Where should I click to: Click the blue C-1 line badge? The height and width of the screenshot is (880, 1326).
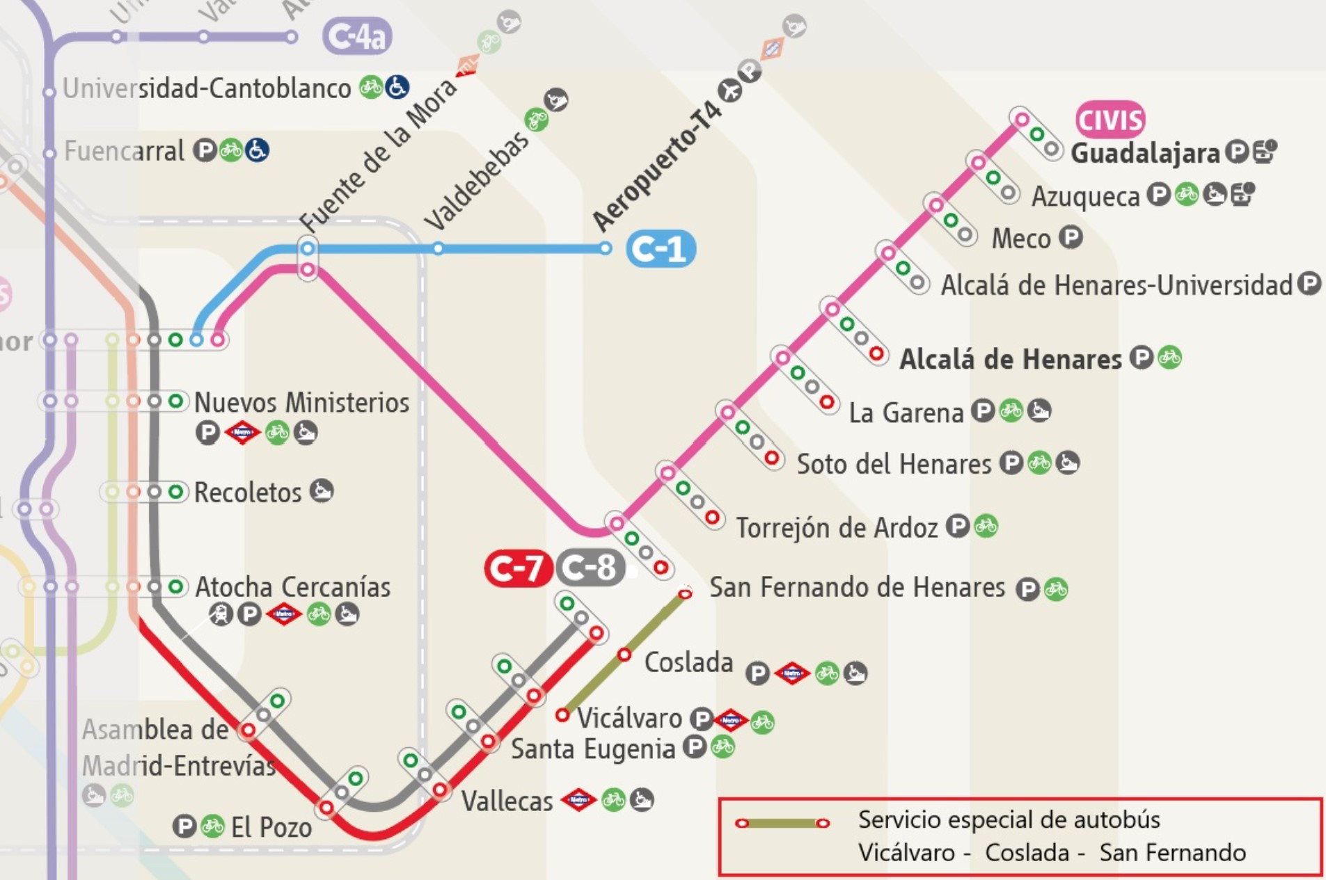(661, 249)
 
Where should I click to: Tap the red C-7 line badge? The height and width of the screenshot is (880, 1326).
(518, 568)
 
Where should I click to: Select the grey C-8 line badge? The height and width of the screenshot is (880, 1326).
(590, 568)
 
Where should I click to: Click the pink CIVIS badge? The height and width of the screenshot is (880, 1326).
(1110, 120)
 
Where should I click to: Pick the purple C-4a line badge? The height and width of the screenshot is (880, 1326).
(357, 36)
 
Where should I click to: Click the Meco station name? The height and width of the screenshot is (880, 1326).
(1020, 239)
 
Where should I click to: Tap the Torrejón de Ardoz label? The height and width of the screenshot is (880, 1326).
(837, 528)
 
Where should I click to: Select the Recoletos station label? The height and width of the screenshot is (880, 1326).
(247, 493)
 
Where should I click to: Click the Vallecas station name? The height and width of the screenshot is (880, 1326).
(507, 801)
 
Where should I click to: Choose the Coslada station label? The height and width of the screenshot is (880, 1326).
(688, 662)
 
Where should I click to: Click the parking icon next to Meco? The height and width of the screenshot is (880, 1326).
(1071, 238)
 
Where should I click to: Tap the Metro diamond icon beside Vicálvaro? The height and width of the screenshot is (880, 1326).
(731, 720)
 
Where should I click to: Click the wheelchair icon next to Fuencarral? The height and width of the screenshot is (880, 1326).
(258, 150)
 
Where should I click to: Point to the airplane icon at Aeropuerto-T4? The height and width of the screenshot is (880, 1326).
(730, 90)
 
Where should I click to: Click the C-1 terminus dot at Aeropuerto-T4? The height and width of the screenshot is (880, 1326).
(606, 248)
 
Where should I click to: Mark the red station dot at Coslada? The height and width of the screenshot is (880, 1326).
(624, 655)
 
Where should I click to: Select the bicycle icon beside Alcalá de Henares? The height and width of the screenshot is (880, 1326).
(1169, 358)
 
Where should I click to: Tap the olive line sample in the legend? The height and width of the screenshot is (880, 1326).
(782, 824)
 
